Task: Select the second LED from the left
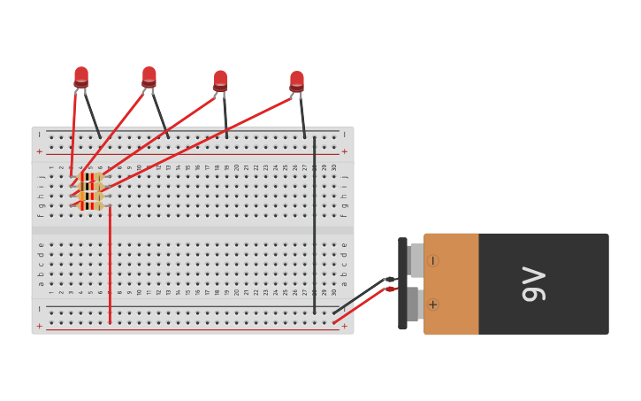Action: (149, 77)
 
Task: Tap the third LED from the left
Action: (220, 81)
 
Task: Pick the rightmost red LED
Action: (297, 81)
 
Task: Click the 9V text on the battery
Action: (533, 283)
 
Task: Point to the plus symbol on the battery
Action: (432, 305)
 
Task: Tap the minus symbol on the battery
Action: (432, 261)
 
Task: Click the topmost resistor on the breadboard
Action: (90, 177)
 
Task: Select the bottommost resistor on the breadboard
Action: (90, 206)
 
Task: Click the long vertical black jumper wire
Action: (314, 230)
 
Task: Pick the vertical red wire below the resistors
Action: (110, 266)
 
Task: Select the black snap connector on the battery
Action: (403, 283)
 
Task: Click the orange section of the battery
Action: (452, 283)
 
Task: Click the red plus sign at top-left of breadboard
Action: (39, 151)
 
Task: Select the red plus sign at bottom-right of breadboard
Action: (344, 327)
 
